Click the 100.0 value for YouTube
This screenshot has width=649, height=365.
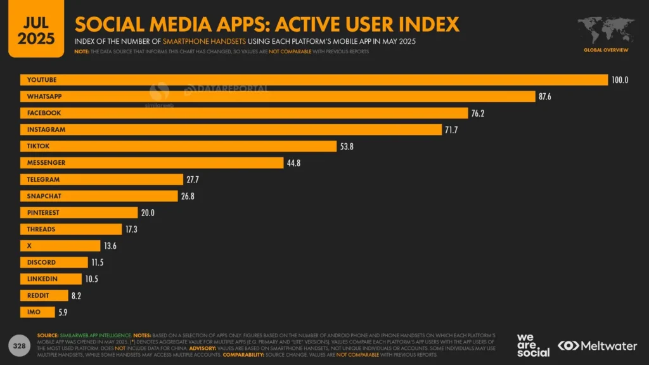pyautogui.click(x=619, y=80)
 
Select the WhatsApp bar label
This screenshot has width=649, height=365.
pyautogui.click(x=44, y=96)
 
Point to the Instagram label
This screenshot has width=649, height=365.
pyautogui.click(x=46, y=129)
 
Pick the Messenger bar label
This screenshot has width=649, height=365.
pyautogui.click(x=46, y=163)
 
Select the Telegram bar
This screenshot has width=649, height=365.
pyautogui.click(x=101, y=179)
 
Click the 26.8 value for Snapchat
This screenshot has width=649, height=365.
pyautogui.click(x=188, y=196)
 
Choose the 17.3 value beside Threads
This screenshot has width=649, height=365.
pyautogui.click(x=132, y=229)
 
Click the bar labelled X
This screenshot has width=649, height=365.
pyautogui.click(x=60, y=246)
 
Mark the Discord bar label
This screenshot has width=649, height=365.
pyautogui.click(x=41, y=262)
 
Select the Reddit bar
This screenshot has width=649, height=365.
pyautogui.click(x=44, y=295)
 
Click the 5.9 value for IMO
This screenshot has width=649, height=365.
pyautogui.click(x=63, y=312)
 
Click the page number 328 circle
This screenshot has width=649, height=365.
pyautogui.click(x=19, y=345)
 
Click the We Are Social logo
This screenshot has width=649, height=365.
pyautogui.click(x=532, y=345)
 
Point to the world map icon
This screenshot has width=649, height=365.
pyautogui.click(x=605, y=30)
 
